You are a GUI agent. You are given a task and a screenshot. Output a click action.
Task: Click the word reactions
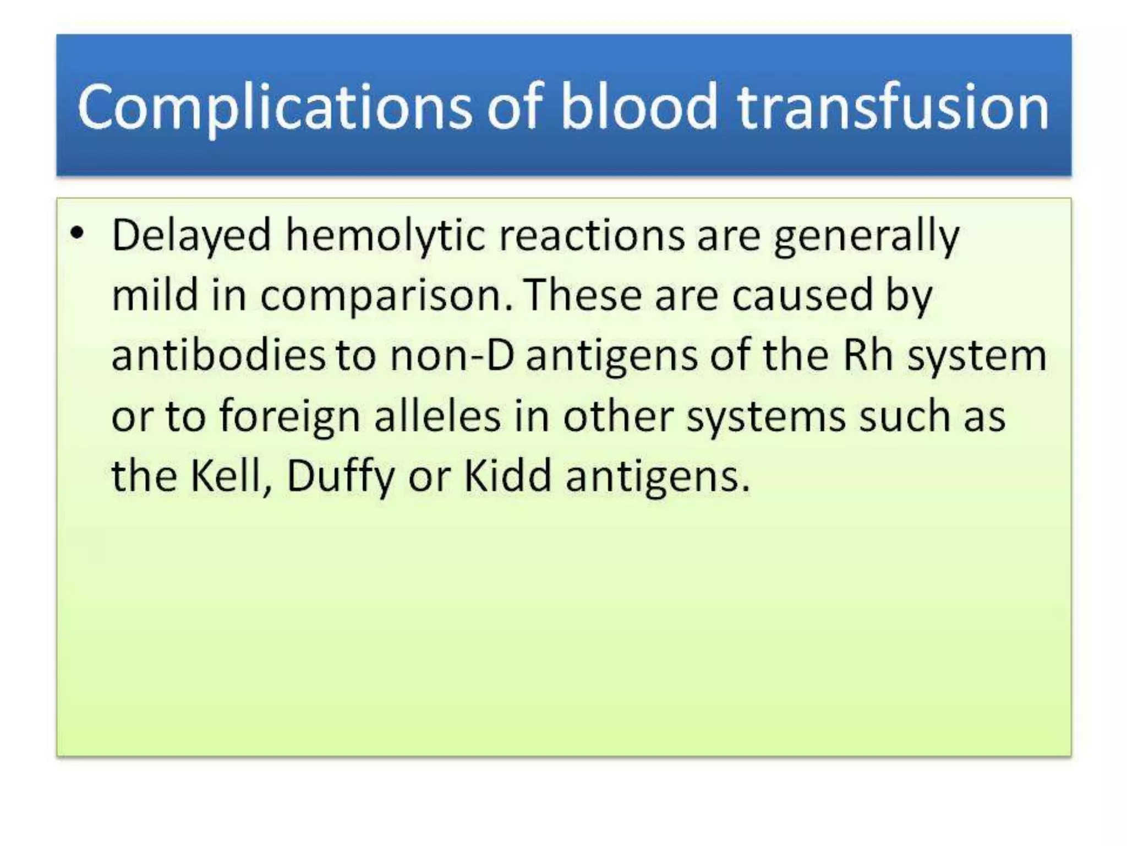point(592,236)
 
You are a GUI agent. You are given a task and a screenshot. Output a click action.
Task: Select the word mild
point(155,295)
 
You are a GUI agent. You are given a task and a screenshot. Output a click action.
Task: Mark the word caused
point(803,295)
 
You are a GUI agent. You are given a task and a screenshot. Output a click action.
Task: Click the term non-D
point(452,355)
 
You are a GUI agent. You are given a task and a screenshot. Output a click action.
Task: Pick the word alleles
point(438,415)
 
